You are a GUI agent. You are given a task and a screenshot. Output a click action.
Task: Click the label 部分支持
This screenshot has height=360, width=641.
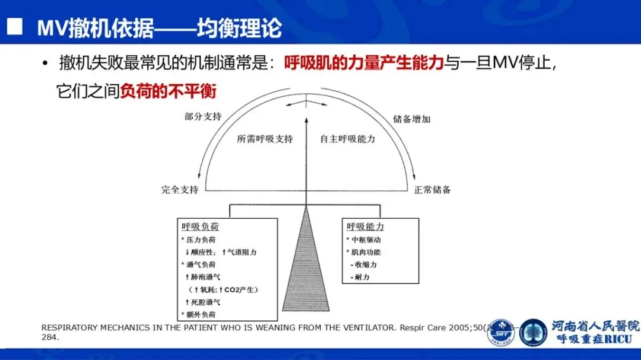click(x=203, y=116)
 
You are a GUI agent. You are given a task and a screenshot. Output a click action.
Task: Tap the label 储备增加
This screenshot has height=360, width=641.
click(x=412, y=119)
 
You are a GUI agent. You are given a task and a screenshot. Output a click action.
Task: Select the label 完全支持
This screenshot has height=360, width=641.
click(x=180, y=190)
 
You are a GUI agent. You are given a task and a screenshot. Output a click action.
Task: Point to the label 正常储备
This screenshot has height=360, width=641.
click(x=433, y=190)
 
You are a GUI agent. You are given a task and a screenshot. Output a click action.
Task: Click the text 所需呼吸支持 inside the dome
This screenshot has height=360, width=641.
click(x=265, y=139)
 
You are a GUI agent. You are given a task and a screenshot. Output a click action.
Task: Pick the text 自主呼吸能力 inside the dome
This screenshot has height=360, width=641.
click(x=348, y=139)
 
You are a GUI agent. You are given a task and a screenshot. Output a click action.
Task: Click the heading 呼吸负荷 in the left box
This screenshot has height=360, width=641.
click(x=198, y=227)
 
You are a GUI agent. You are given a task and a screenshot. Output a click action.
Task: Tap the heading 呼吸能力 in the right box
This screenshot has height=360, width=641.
click(x=365, y=227)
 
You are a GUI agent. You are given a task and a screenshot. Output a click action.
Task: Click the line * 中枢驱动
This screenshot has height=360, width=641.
click(x=364, y=240)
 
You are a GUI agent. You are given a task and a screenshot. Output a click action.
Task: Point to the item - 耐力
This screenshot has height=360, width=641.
click(x=360, y=277)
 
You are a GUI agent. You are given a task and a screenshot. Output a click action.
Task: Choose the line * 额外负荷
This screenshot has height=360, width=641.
click(x=198, y=314)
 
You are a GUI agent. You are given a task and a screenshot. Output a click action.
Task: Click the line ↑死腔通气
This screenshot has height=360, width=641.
click(x=202, y=302)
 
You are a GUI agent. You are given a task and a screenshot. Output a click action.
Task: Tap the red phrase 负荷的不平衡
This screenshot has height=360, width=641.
click(x=168, y=91)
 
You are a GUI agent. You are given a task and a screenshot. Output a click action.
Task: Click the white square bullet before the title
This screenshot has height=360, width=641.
click(x=15, y=27)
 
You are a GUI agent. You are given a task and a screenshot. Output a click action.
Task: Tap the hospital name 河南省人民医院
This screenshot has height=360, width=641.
click(x=595, y=326)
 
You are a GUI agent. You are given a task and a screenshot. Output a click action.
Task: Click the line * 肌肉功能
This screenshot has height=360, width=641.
click(x=364, y=252)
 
